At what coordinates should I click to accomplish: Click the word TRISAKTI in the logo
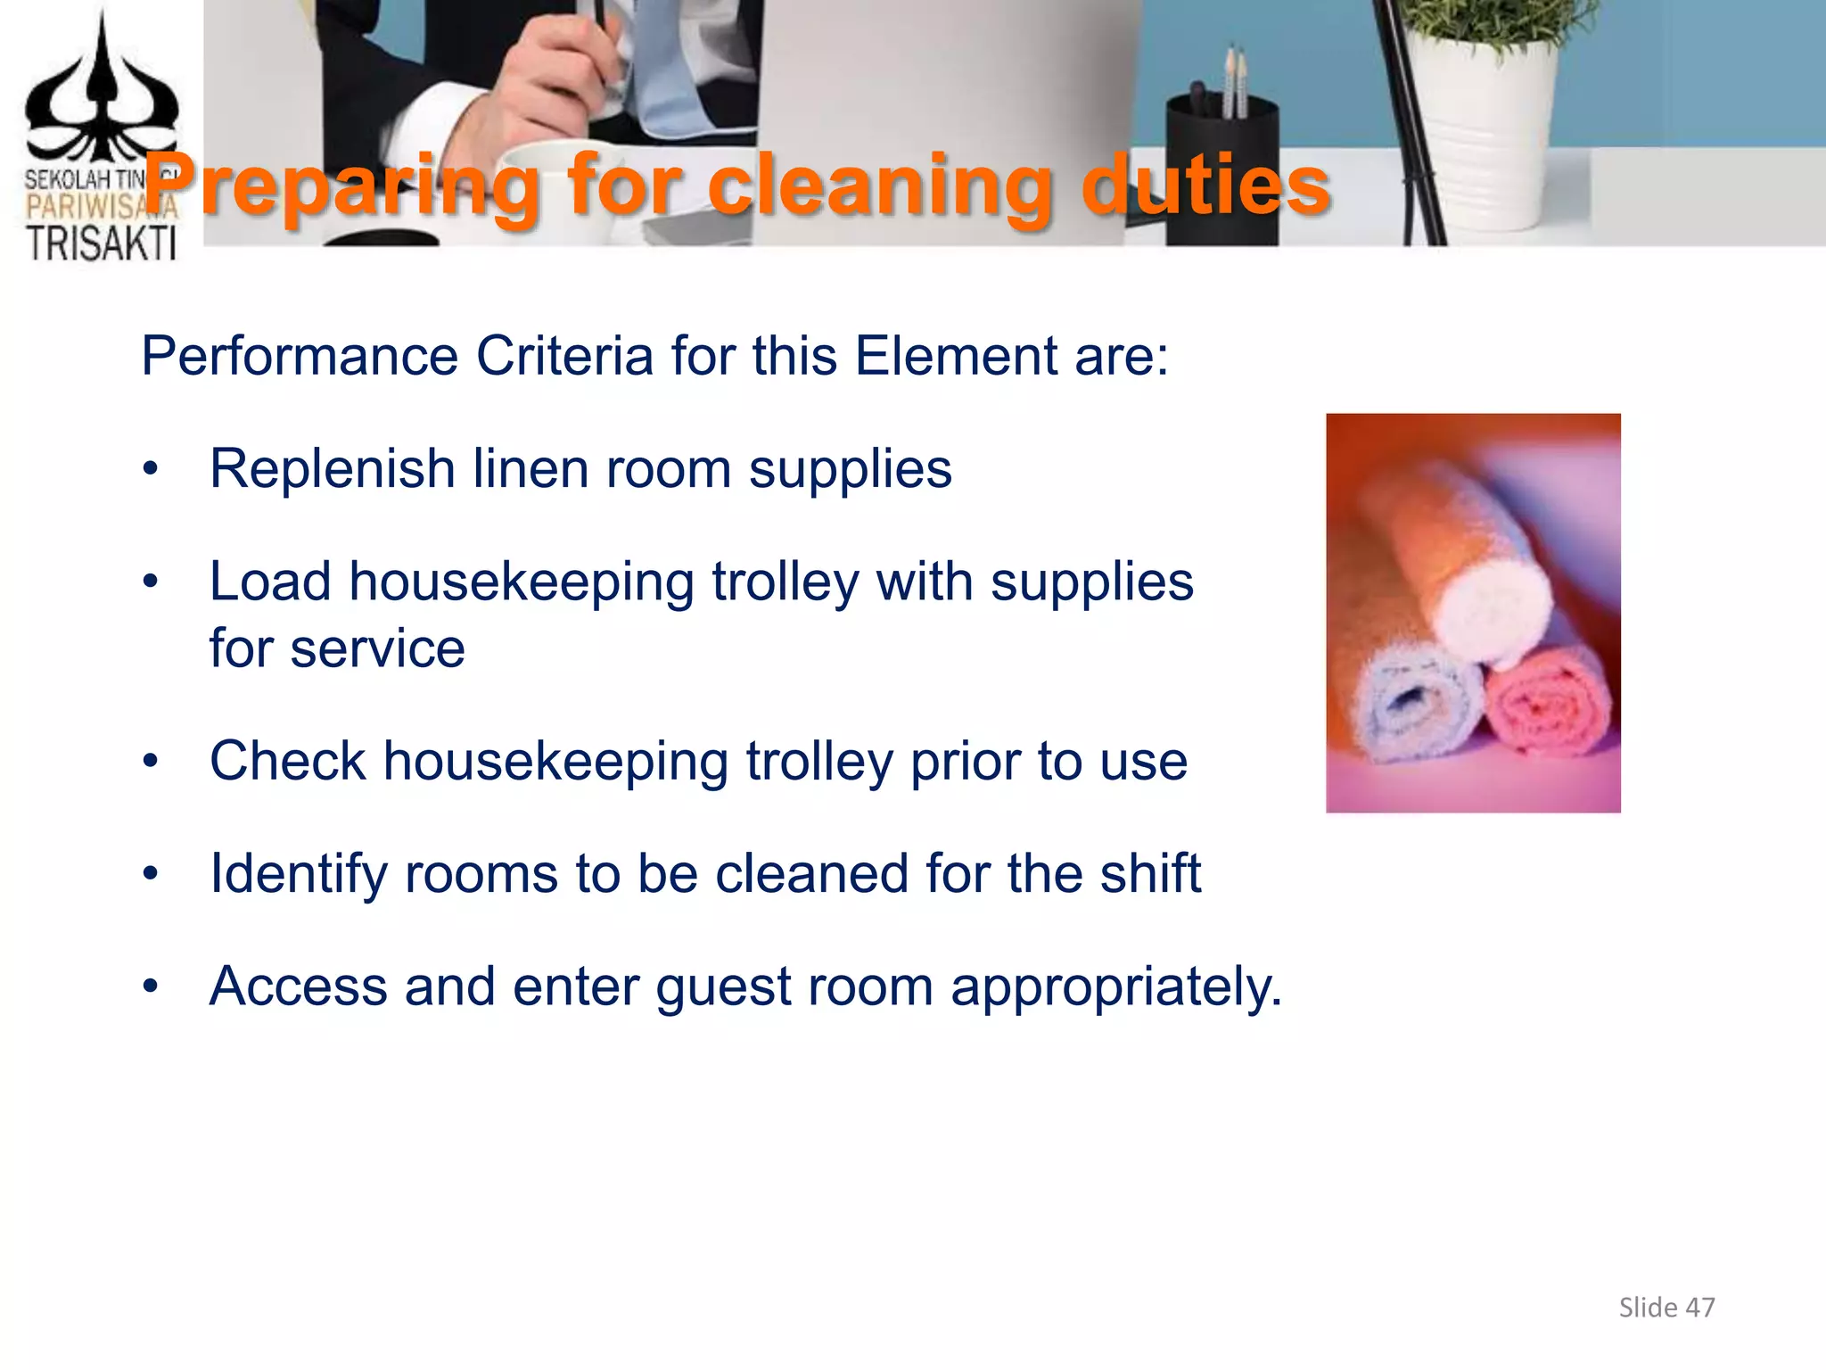[x=101, y=243]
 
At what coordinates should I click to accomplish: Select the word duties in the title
[x=1205, y=186]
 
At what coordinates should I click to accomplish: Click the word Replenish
[x=333, y=469]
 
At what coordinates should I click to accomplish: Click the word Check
[x=287, y=761]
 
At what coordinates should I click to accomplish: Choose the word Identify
[x=298, y=874]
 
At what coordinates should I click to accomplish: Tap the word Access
[x=298, y=986]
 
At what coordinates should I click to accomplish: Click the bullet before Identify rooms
[x=151, y=874]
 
